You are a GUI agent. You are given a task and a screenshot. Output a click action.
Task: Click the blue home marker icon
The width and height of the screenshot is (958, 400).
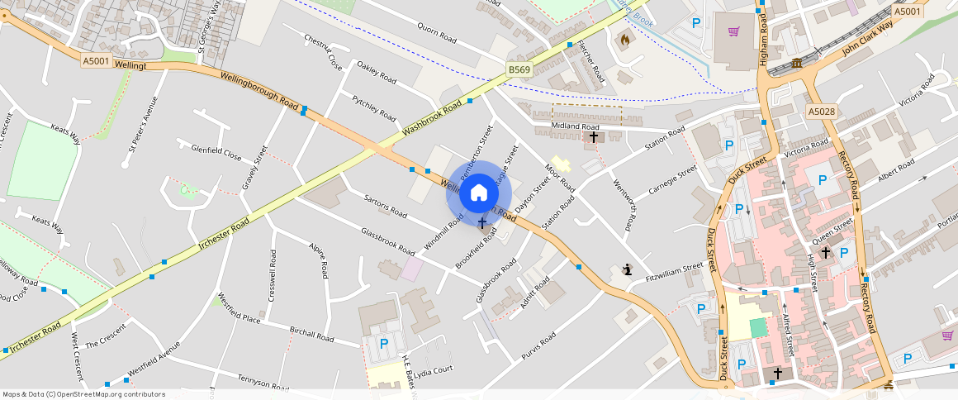(x=479, y=193)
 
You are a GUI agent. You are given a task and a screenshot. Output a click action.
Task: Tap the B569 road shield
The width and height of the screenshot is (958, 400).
(x=519, y=70)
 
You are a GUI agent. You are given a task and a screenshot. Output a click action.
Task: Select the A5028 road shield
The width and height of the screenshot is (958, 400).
(x=822, y=112)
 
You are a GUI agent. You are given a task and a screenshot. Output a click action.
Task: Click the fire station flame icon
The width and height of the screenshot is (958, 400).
(x=624, y=38)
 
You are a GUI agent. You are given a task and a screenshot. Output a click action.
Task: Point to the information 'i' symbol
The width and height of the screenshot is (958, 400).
(x=628, y=269)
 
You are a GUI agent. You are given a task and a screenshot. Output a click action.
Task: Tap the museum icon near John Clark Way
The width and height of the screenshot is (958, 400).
(x=796, y=64)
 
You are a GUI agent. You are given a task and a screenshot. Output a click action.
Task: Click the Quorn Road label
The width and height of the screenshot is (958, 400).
(x=437, y=33)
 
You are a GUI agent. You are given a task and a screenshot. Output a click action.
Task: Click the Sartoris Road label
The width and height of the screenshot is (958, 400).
(x=385, y=207)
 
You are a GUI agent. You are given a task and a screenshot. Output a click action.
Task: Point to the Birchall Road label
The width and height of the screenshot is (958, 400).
(x=311, y=333)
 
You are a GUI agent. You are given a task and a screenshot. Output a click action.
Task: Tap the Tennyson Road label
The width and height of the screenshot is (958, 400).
(x=260, y=383)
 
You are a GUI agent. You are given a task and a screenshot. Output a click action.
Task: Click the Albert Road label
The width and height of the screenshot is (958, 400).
(x=897, y=174)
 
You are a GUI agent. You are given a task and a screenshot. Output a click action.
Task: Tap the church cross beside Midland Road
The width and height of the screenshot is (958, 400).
(x=593, y=136)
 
